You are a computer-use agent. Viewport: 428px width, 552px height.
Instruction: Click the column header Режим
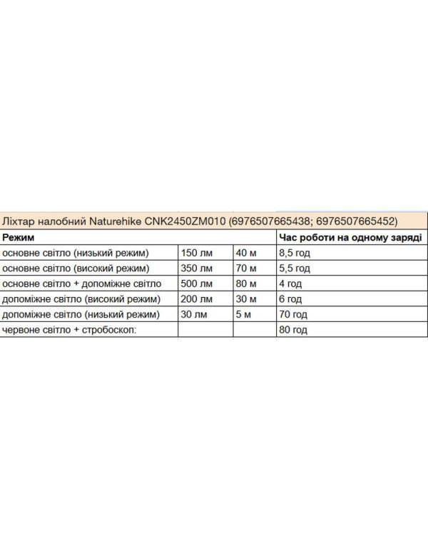coord(19,236)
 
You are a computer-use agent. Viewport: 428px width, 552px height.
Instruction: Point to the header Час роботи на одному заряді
coord(349,236)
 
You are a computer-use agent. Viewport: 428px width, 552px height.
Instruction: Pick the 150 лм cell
coord(197,253)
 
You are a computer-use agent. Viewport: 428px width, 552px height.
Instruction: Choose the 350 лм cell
coord(197,269)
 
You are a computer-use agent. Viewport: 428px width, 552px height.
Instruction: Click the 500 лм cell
coord(197,283)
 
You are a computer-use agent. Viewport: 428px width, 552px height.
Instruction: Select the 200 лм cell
coord(197,299)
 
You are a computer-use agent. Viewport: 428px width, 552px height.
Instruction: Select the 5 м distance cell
coord(243,315)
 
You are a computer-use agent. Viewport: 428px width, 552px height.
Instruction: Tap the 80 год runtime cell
coord(293,330)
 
